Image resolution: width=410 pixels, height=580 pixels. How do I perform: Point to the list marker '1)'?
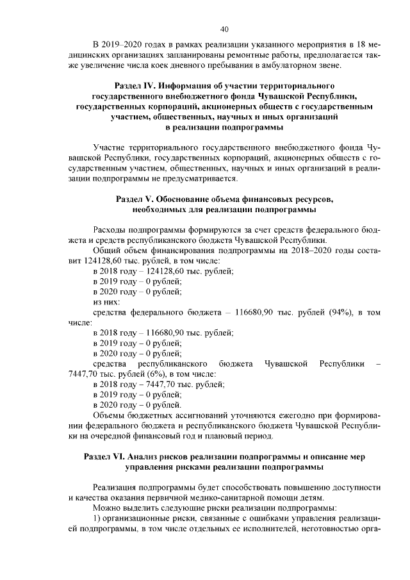pyautogui.click(x=97, y=518)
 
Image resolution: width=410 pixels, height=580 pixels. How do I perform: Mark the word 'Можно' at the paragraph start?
pyautogui.click(x=106, y=508)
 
